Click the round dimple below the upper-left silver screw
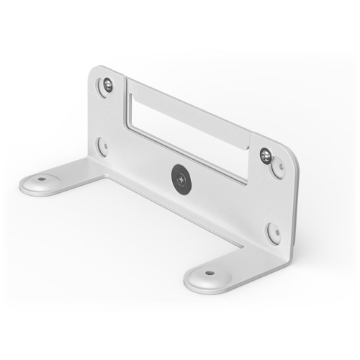(x=104, y=146)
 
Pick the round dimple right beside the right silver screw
(x=278, y=168)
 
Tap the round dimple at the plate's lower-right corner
(x=274, y=232)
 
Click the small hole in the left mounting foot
(x=42, y=179)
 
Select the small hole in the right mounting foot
(x=210, y=273)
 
